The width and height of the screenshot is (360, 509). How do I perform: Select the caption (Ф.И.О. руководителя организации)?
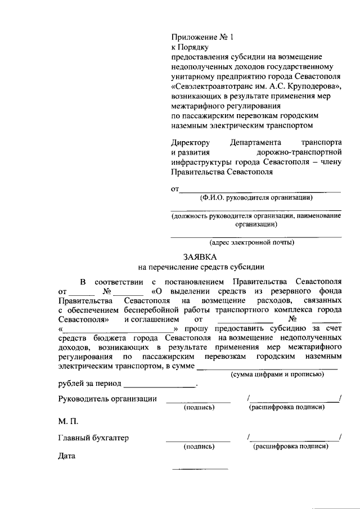[256, 197]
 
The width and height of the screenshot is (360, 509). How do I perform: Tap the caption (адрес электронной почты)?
[251, 242]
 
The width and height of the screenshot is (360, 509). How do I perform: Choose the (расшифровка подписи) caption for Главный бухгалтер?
[291, 447]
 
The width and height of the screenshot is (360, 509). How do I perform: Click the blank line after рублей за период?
[159, 386]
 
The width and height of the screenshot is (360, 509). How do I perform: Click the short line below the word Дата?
[200, 468]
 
